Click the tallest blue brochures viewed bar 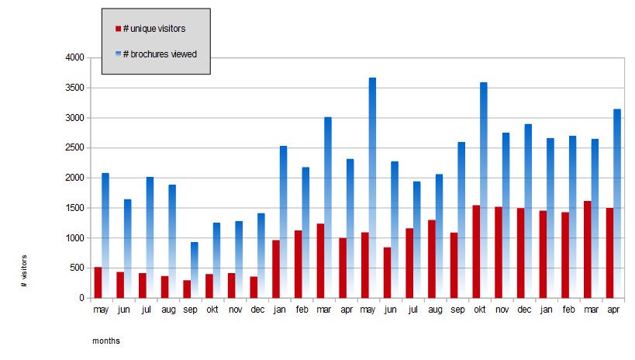point(372,188)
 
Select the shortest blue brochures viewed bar point(195,270)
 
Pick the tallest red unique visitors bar point(587,249)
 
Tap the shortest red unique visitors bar point(187,289)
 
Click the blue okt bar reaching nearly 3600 point(484,190)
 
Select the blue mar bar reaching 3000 point(328,208)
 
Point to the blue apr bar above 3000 point(617,203)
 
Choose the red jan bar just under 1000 point(276,269)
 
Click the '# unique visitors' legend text point(154,29)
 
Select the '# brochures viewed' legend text point(160,54)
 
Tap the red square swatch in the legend point(119,29)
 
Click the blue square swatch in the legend point(119,54)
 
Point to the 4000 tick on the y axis point(74,57)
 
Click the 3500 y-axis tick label point(74,88)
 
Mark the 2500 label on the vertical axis point(74,147)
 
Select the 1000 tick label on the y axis point(74,238)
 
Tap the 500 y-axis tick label point(77,268)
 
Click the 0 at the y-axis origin point(82,298)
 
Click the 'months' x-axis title point(106,341)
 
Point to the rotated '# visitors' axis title point(24,272)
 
